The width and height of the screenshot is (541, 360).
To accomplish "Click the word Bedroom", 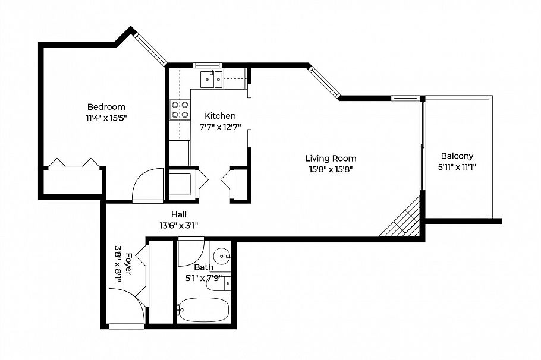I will [106, 107].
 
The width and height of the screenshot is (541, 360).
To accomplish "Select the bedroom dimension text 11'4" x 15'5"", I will [106, 118].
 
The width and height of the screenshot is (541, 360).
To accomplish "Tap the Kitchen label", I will [220, 116].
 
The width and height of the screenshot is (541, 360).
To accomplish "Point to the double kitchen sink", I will [212, 77].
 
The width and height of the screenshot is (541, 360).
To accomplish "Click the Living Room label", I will [331, 159].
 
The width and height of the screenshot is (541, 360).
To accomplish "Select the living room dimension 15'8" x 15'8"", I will [331, 169].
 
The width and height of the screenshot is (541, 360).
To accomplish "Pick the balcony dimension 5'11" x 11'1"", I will [457, 167].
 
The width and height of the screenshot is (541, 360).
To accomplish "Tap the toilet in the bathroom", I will [217, 283].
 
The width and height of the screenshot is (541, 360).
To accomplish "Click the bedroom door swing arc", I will [147, 185].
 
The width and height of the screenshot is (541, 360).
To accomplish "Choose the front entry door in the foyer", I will [126, 307].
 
